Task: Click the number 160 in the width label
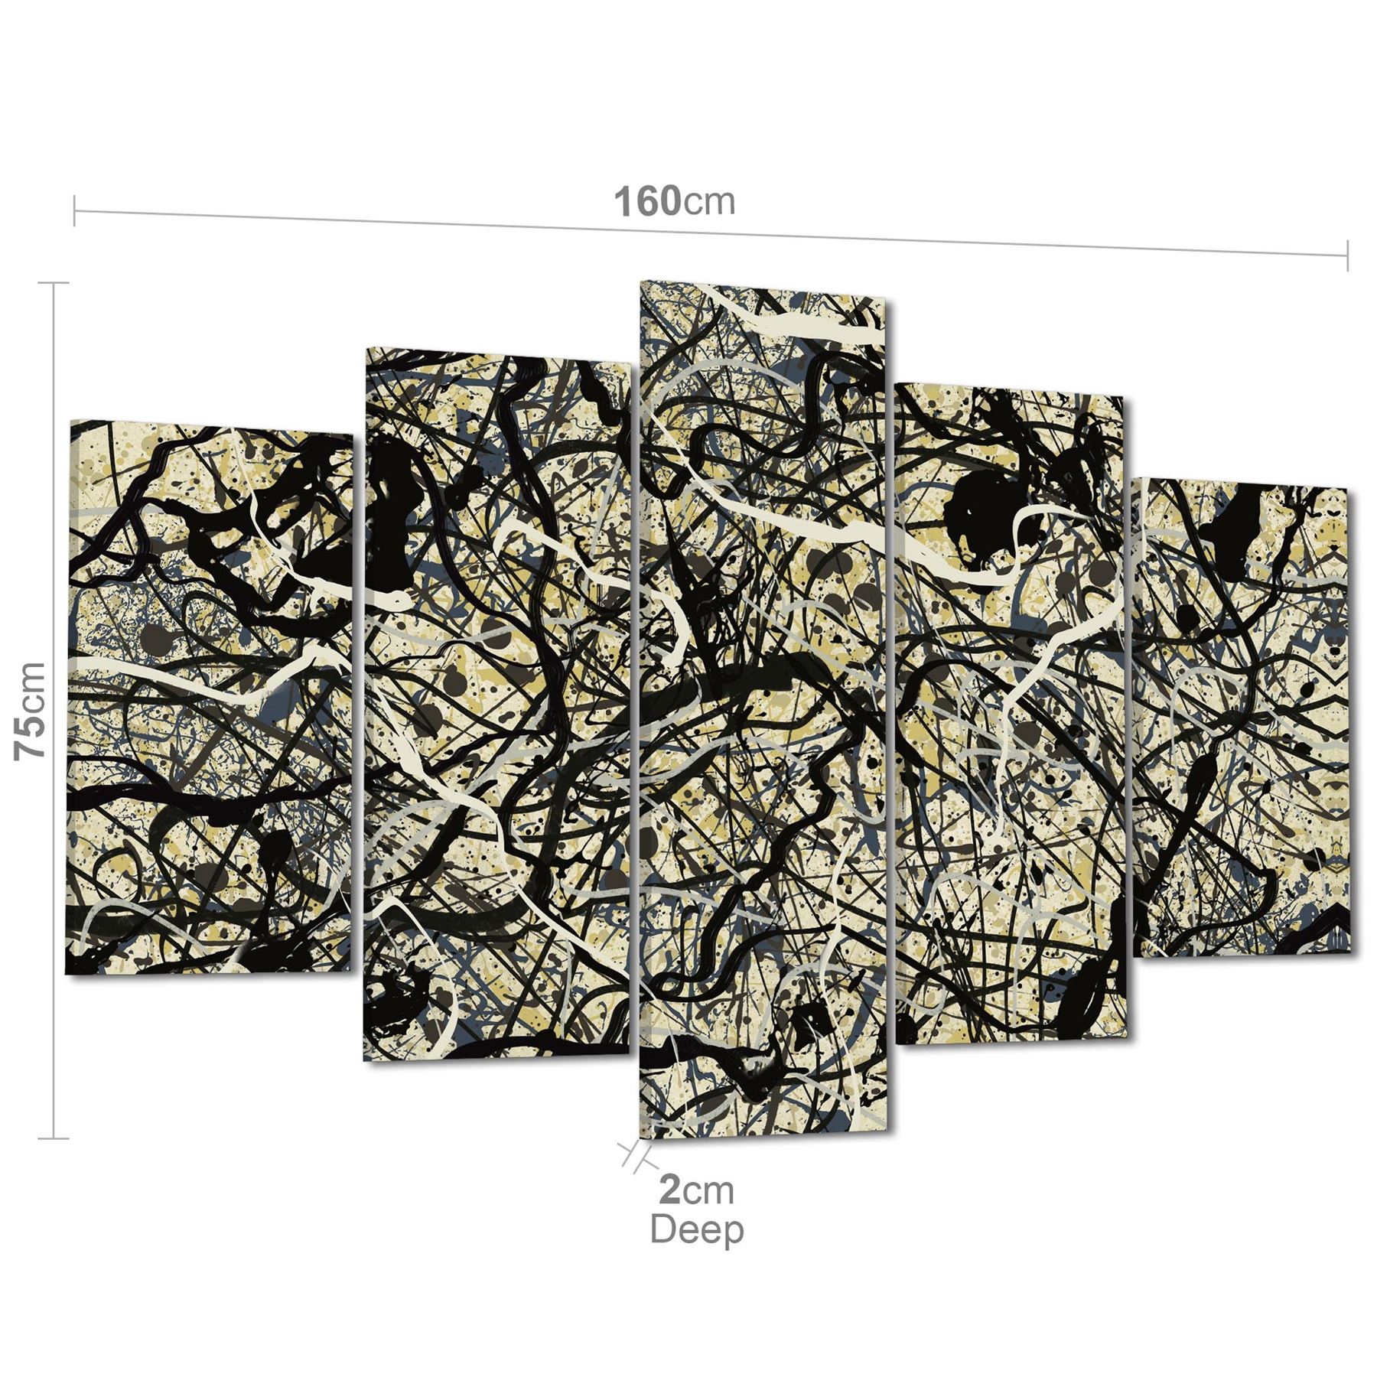pyautogui.click(x=647, y=202)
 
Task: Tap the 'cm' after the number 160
pyautogui.click(x=708, y=203)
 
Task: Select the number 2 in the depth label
pyautogui.click(x=669, y=1191)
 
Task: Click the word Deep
pyautogui.click(x=696, y=1229)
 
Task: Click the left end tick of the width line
pyautogui.click(x=74, y=211)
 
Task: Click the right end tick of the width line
pyautogui.click(x=1347, y=255)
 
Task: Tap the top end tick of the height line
pyautogui.click(x=53, y=283)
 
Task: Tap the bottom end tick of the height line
pyautogui.click(x=53, y=1139)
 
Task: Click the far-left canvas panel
pyautogui.click(x=210, y=700)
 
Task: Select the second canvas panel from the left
pyautogui.click(x=497, y=704)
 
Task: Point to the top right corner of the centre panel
pyautogui.click(x=885, y=300)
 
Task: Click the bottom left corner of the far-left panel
pyautogui.click(x=67, y=974)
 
